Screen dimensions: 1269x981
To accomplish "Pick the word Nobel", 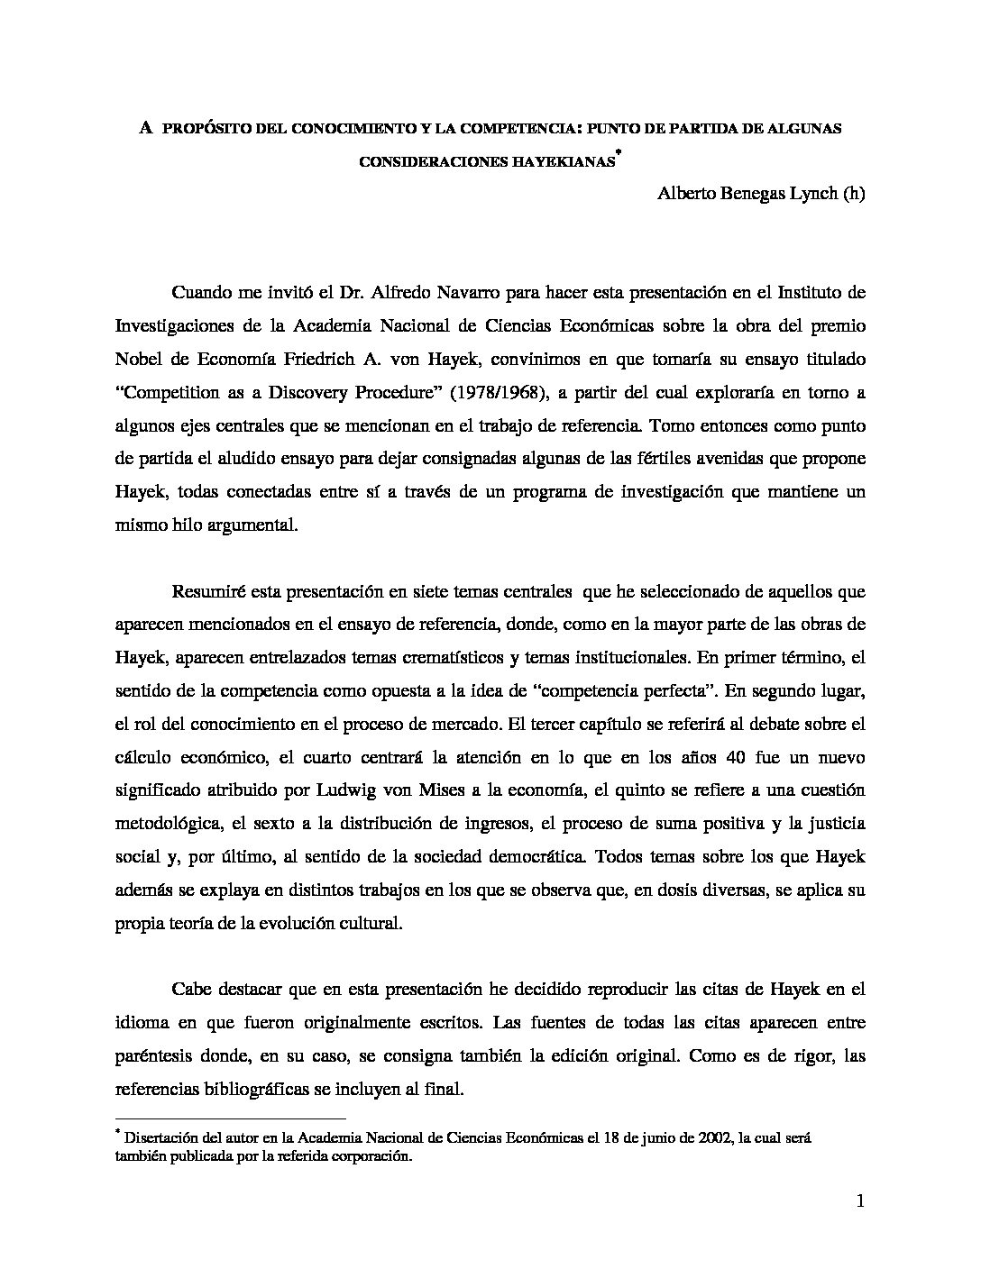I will [142, 359].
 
